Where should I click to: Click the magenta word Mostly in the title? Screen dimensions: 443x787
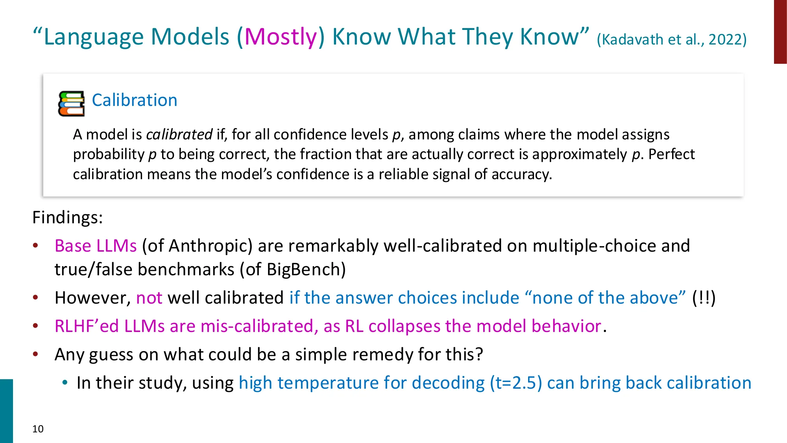point(281,37)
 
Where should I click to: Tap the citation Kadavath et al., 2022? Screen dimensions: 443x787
point(671,39)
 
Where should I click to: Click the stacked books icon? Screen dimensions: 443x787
point(71,104)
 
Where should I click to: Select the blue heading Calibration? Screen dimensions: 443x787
point(135,100)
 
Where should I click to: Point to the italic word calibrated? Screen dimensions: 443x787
point(179,135)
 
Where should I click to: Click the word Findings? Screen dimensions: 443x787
point(67,217)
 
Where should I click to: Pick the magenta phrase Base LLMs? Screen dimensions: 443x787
point(96,246)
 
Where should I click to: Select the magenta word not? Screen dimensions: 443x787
point(149,298)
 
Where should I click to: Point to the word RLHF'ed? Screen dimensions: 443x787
point(87,326)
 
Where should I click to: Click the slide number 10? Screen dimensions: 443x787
point(38,429)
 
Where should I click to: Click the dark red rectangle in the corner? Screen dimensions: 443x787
point(780,32)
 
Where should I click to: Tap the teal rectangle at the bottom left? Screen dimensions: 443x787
point(6,411)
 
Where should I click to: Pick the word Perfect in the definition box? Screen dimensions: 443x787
point(671,154)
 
